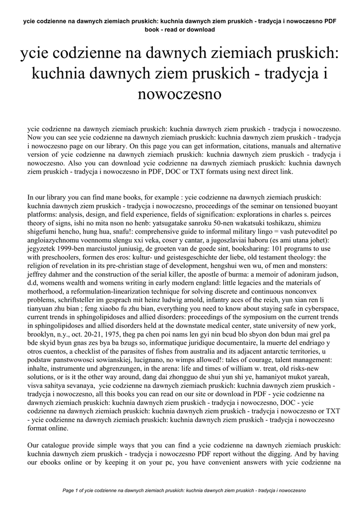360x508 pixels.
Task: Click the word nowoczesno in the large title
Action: pos(179,94)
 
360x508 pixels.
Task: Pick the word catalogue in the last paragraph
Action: pos(60,445)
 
